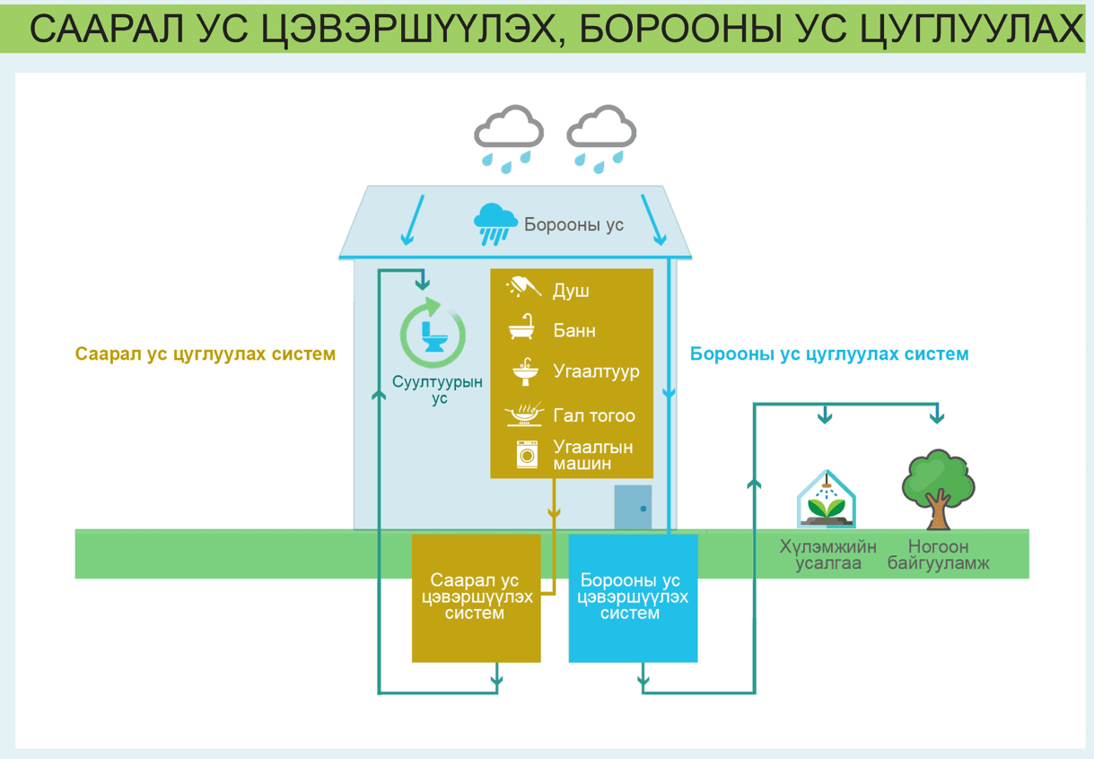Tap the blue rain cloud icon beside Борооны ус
pyautogui.click(x=495, y=222)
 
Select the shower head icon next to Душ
pyautogui.click(x=524, y=288)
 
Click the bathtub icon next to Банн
pyautogui.click(x=522, y=328)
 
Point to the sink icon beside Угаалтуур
pyautogui.click(x=524, y=370)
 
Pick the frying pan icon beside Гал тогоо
pyautogui.click(x=524, y=414)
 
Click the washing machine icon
pyautogui.click(x=527, y=454)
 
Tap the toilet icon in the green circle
pyautogui.click(x=433, y=335)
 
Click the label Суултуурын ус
pyautogui.click(x=438, y=389)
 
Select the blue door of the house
pyautogui.click(x=633, y=507)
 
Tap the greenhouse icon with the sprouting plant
pyautogui.click(x=826, y=500)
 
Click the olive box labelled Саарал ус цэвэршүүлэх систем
pyautogui.click(x=476, y=598)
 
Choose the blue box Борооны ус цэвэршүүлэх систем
pyautogui.click(x=633, y=598)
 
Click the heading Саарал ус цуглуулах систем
pyautogui.click(x=206, y=354)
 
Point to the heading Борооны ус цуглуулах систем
pyautogui.click(x=829, y=354)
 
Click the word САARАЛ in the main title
pyautogui.click(x=105, y=30)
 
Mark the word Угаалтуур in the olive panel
pyautogui.click(x=596, y=371)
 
